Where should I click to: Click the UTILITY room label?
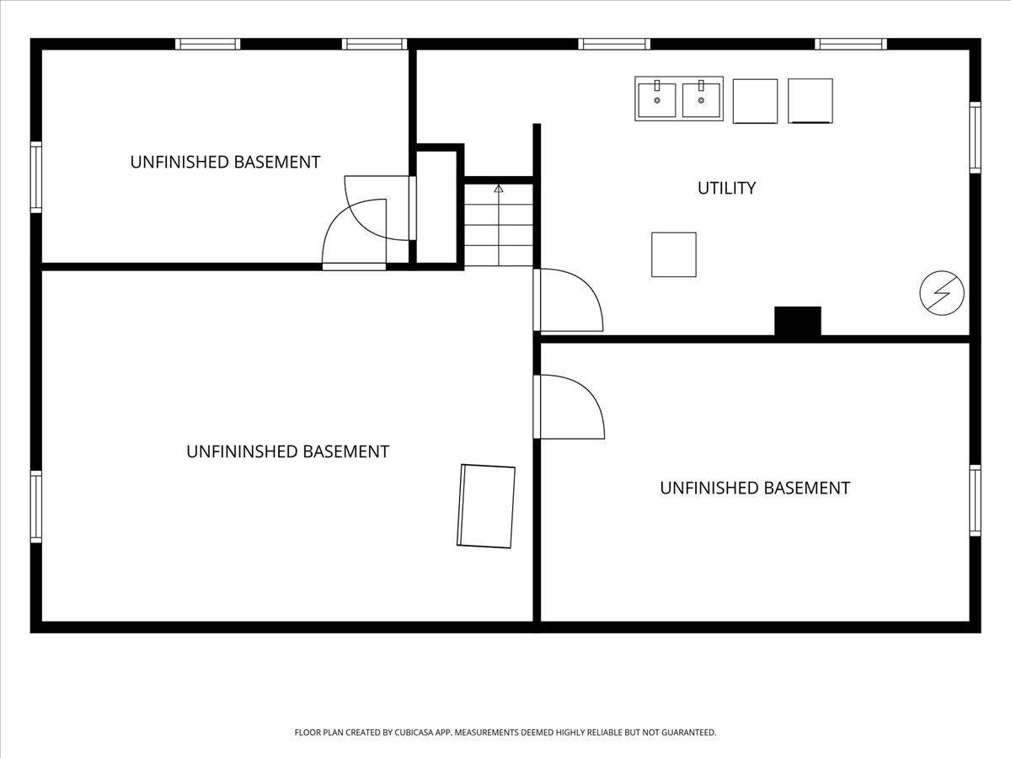coord(726,188)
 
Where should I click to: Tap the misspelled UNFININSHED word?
coord(241,451)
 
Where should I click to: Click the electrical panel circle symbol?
coord(942,293)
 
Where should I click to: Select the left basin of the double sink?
coord(657,100)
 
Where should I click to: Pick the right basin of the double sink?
coord(701,100)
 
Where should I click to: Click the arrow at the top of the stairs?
coord(499,189)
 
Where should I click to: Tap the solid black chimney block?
coord(798,321)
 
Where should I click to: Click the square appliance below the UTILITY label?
coord(674,254)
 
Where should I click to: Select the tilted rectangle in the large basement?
coord(486,506)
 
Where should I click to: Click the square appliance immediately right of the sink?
coord(755,101)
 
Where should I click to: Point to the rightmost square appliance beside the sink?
coord(810,101)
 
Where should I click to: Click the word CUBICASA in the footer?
coord(411,732)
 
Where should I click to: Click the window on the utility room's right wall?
coord(975,137)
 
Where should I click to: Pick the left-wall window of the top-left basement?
coord(36,177)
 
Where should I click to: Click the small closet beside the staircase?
coord(436,206)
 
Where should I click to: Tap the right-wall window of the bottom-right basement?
coord(975,500)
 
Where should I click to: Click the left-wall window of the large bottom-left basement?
coord(36,506)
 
